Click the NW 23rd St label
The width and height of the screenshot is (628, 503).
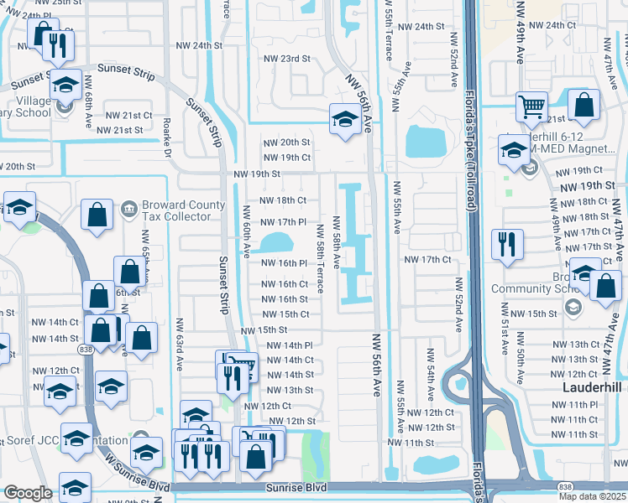(x=284, y=59)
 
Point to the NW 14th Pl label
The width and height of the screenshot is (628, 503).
(x=290, y=345)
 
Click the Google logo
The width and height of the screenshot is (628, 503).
(x=28, y=493)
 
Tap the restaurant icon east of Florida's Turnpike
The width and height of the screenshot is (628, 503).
(x=506, y=245)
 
